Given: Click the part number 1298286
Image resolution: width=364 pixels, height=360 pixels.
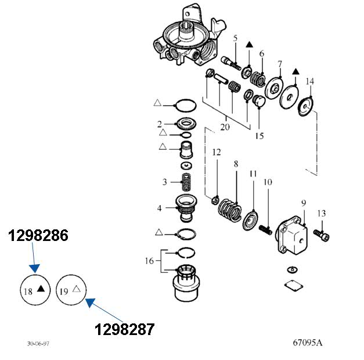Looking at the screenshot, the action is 38,235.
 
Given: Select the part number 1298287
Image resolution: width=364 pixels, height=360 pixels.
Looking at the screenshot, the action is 124,329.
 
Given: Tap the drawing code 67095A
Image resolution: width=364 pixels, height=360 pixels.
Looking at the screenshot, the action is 308,343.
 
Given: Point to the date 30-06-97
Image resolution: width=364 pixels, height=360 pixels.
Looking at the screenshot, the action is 38,344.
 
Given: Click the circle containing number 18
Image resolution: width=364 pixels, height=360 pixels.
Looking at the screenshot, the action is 35,290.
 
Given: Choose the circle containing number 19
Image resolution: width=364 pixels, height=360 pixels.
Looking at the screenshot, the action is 71,289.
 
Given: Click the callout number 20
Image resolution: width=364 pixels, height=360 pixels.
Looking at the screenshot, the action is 225,127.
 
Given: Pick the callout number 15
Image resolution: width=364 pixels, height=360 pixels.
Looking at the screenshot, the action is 260,136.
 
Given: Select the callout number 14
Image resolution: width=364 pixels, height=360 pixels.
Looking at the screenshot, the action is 309,81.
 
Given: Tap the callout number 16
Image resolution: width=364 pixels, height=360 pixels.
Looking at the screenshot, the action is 149,261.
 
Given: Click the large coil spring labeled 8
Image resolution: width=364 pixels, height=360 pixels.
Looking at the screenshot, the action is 230,210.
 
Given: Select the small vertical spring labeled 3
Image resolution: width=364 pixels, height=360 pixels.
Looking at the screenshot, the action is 186,182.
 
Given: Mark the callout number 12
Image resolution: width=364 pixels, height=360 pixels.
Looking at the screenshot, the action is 217,152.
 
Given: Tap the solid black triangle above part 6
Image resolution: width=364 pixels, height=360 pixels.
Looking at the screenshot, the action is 249,45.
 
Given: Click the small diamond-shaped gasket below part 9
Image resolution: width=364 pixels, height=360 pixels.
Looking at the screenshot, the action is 294,286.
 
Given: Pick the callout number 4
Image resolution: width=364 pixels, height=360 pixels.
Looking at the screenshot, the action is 159,208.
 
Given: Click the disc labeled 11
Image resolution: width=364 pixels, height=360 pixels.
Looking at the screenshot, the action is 250,220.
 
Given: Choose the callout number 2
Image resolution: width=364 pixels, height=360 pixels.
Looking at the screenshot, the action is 159,124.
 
